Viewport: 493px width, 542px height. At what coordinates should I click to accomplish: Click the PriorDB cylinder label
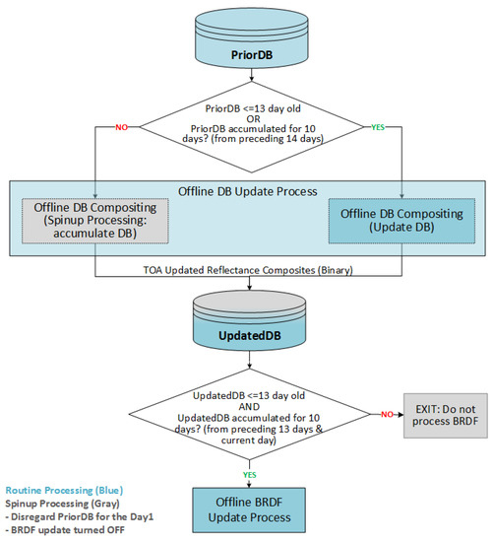coord(252,55)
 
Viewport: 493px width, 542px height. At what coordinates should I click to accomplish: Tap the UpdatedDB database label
coord(250,336)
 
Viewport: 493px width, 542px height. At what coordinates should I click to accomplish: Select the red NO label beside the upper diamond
coord(121,127)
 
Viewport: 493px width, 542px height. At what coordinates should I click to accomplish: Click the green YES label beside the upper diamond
coord(378,127)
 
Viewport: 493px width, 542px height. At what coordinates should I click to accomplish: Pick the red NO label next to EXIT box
coord(387,414)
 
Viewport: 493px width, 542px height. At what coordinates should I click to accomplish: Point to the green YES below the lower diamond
coord(249,475)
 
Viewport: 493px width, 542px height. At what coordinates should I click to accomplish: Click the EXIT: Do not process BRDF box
coord(446,416)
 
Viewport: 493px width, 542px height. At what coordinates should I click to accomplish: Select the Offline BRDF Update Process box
coord(249,509)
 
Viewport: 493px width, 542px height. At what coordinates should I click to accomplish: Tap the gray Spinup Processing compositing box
coord(95,221)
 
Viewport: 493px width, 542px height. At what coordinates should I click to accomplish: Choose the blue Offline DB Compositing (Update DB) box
coord(401,221)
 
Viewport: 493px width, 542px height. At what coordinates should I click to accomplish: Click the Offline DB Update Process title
coord(248,191)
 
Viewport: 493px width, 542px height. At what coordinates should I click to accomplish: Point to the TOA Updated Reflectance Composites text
coord(248,270)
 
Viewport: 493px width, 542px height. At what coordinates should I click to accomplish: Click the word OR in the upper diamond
coord(253,119)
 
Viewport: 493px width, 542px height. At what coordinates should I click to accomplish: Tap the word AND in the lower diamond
coord(249,406)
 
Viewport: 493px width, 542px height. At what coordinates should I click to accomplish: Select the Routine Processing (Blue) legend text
coord(64,490)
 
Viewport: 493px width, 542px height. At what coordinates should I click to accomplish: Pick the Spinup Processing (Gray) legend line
coord(63,504)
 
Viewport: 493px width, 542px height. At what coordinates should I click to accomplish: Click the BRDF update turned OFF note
coord(65,530)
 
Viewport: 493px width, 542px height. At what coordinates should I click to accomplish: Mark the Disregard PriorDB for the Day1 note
coord(80,516)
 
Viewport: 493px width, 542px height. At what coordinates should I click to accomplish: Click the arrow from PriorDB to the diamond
coord(252,74)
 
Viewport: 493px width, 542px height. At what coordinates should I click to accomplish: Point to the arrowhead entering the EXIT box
coord(401,415)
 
